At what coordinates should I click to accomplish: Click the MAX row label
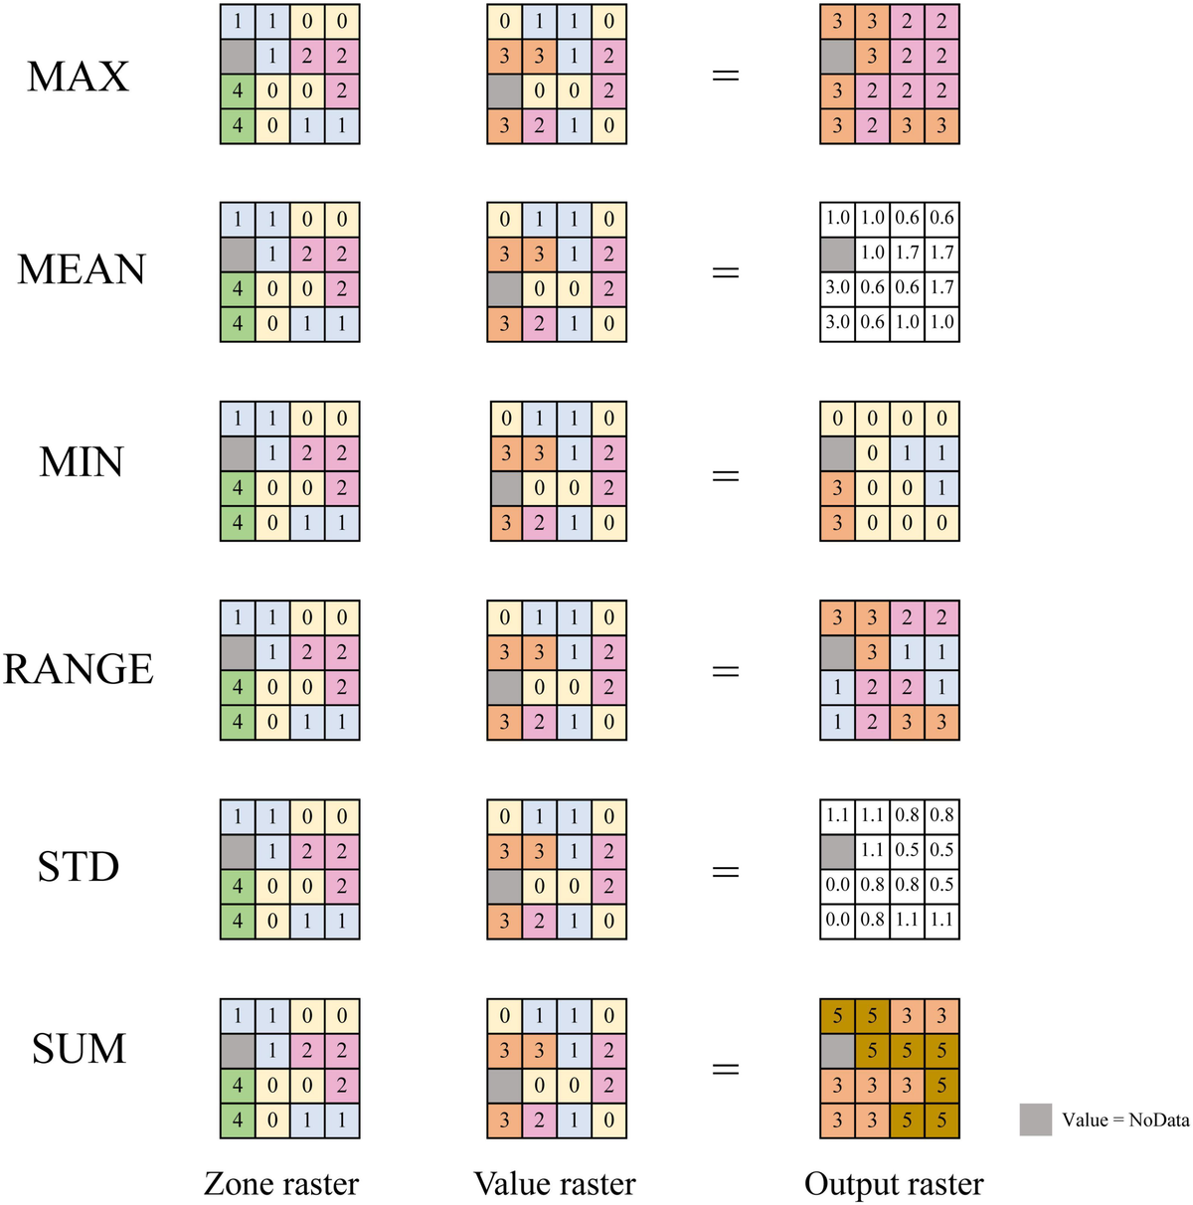pyautogui.click(x=78, y=77)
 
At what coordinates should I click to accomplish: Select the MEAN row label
pyautogui.click(x=82, y=269)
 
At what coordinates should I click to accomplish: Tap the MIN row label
pyautogui.click(x=82, y=462)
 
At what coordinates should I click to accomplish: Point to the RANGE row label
pyautogui.click(x=79, y=669)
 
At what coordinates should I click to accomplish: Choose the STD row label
pyautogui.click(x=79, y=867)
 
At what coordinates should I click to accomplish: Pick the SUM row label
pyautogui.click(x=80, y=1049)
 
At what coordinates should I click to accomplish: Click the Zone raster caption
pyautogui.click(x=281, y=1184)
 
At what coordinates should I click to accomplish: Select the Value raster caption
pyautogui.click(x=555, y=1184)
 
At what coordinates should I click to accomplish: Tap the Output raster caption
pyautogui.click(x=894, y=1184)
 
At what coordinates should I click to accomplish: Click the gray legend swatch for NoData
pyautogui.click(x=1035, y=1119)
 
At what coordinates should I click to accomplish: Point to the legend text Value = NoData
pyautogui.click(x=1125, y=1120)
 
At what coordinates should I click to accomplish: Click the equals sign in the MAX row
pyautogui.click(x=727, y=76)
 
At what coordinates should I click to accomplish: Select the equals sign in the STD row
pyautogui.click(x=727, y=872)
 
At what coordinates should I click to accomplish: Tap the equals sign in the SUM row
pyautogui.click(x=727, y=1070)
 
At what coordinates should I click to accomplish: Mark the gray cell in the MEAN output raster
pyautogui.click(x=837, y=254)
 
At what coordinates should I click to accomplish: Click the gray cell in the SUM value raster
pyautogui.click(x=504, y=1086)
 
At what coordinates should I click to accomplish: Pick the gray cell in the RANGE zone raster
pyautogui.click(x=238, y=653)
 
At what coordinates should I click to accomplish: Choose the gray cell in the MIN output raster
pyautogui.click(x=837, y=453)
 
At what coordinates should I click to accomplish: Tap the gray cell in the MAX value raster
pyautogui.click(x=504, y=91)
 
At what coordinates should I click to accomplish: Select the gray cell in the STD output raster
pyautogui.click(x=837, y=850)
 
